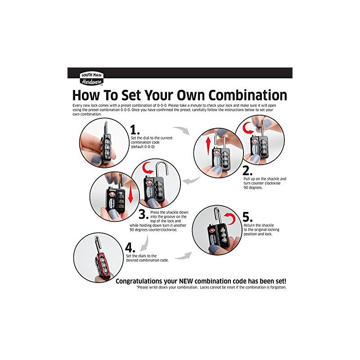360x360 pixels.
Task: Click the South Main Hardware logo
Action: pyautogui.click(x=91, y=79)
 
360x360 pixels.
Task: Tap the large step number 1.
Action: pyautogui.click(x=135, y=130)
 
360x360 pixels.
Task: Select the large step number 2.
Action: pyautogui.click(x=247, y=171)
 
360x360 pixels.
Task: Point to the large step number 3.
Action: pyautogui.click(x=144, y=215)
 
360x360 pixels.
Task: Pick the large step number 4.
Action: pyautogui.click(x=130, y=248)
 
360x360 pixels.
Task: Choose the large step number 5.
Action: pyautogui.click(x=247, y=217)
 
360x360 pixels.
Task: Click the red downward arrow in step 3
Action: pyautogui.click(x=130, y=193)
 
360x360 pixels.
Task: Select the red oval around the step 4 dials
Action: pyautogui.click(x=103, y=264)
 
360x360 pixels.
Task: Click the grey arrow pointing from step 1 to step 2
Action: pyautogui.click(x=182, y=130)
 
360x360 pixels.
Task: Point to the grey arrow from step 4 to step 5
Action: pyautogui.click(x=184, y=256)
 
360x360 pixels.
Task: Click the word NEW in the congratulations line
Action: pyautogui.click(x=186, y=281)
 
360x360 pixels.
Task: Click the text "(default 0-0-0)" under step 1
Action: pyautogui.click(x=143, y=147)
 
